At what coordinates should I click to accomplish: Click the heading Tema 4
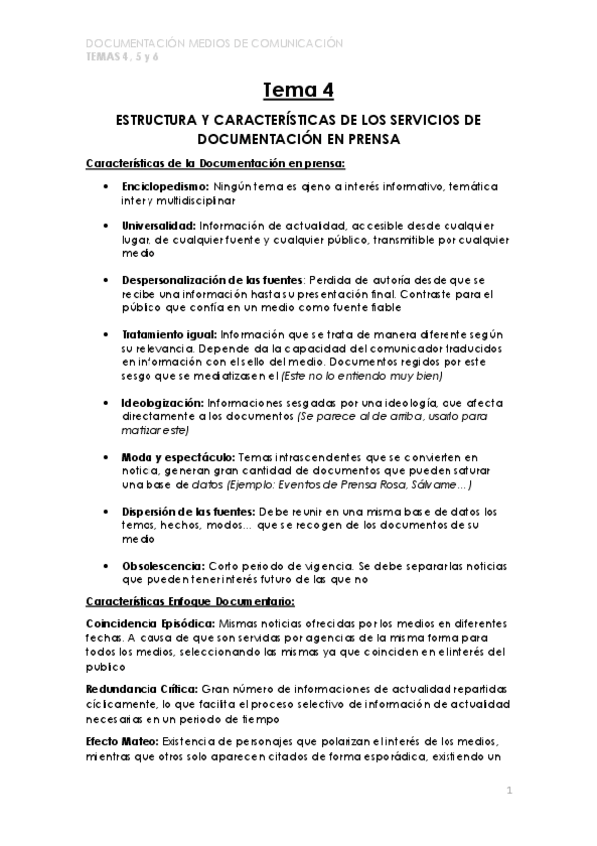(x=298, y=91)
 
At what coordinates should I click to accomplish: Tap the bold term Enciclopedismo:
(x=164, y=187)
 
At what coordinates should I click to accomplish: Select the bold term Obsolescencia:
(x=162, y=565)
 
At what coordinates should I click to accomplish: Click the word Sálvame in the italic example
(x=432, y=484)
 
